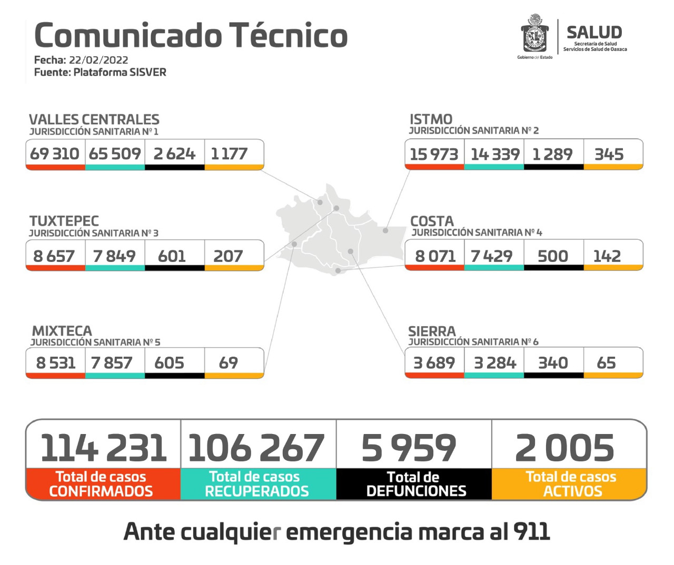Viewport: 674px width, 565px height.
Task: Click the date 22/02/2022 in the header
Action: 98,60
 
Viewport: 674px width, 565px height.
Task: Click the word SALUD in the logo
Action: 594,32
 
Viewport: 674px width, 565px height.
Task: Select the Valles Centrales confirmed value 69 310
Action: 55,154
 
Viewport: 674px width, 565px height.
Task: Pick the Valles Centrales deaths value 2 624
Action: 174,154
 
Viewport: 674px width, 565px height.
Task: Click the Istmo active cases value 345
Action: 609,154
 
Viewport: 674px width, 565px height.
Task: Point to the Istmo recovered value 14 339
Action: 495,154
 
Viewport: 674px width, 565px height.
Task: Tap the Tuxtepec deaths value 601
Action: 172,256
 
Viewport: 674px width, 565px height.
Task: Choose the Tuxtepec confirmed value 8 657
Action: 54,256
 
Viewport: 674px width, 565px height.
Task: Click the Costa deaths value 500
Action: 552,256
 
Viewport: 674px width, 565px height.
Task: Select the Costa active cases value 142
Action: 607,256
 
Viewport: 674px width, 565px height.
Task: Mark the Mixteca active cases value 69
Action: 228,362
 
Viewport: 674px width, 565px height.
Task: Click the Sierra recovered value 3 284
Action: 495,362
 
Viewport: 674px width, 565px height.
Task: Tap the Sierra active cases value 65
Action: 606,362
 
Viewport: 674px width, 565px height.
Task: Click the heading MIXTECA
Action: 62,331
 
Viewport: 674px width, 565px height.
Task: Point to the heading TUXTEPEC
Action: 64,221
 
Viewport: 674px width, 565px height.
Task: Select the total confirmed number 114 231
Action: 103,448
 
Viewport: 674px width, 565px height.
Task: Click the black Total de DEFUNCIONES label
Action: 415,484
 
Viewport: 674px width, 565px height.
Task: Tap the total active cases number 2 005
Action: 564,448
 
